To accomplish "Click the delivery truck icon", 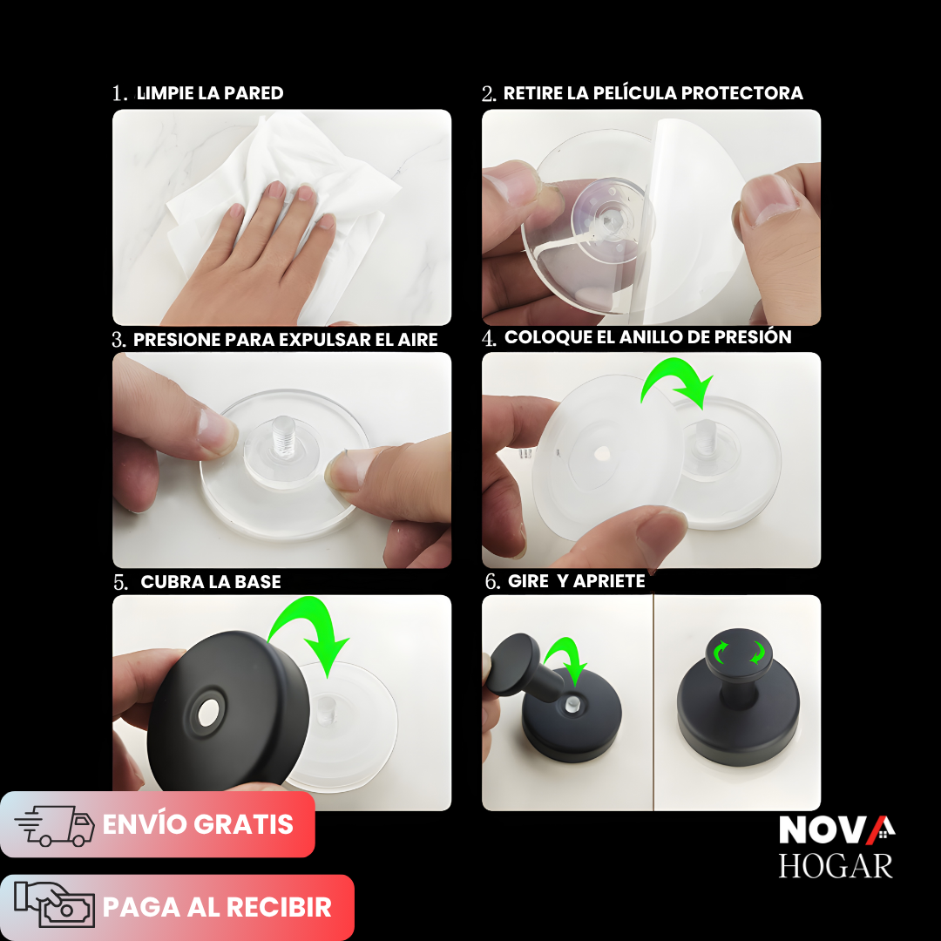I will click(55, 825).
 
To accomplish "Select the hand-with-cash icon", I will click(55, 907).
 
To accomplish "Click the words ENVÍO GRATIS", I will click(198, 824).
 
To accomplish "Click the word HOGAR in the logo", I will click(836, 865).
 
